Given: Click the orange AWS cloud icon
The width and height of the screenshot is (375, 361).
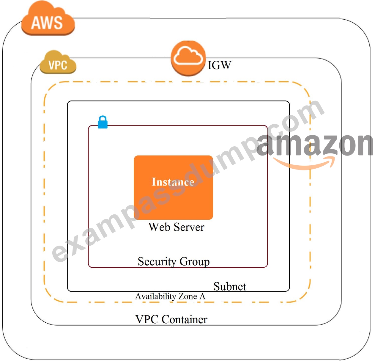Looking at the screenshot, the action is coord(48,18).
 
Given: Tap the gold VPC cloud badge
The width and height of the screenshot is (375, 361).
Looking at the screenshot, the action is coord(58,62).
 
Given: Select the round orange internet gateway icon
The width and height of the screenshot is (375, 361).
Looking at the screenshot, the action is coord(188,58).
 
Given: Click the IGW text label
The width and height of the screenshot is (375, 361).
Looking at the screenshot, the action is coord(219,65).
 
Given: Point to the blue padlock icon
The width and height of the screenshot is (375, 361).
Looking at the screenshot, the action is coord(103,122).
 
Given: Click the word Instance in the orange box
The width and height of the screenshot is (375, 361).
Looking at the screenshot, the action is coord(173,182).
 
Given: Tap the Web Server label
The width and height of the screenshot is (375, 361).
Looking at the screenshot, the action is coord(176,227).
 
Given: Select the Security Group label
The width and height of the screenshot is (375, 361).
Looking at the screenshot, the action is coord(174,262).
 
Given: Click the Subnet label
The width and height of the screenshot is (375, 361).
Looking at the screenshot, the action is coord(230,286).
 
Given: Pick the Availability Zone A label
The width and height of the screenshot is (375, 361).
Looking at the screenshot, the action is coord(170,296).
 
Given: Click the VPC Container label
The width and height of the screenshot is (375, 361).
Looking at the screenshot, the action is coord(171,319).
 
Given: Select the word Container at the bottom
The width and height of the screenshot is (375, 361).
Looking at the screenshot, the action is coord(185,319).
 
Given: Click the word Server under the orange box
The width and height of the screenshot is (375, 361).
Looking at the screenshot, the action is coord(189,227).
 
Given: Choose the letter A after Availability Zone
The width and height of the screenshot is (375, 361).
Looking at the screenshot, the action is coord(202,296).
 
